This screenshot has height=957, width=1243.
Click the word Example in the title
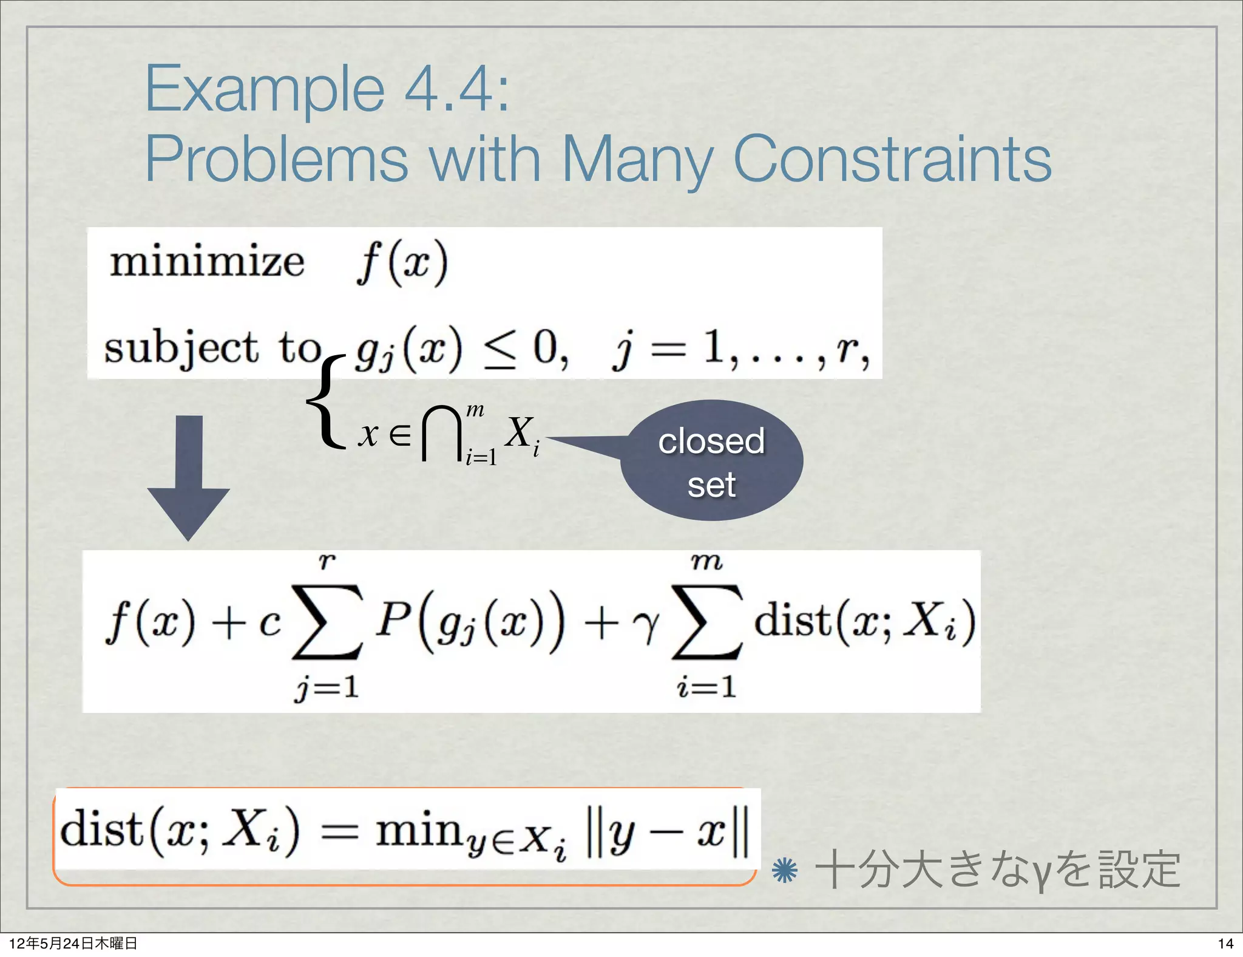pos(264,90)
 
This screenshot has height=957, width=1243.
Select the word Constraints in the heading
pos(892,159)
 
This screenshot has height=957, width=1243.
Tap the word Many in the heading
pos(637,159)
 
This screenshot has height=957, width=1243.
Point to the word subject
pos(181,349)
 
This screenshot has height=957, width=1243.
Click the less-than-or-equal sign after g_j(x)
pos(499,352)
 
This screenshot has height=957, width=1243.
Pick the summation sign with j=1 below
pos(328,622)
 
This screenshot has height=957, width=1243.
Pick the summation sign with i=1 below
pos(707,622)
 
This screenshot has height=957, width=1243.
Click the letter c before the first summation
pos(269,624)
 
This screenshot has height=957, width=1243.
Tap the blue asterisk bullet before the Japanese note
pos(784,871)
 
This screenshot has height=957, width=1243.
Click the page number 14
pos(1225,943)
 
